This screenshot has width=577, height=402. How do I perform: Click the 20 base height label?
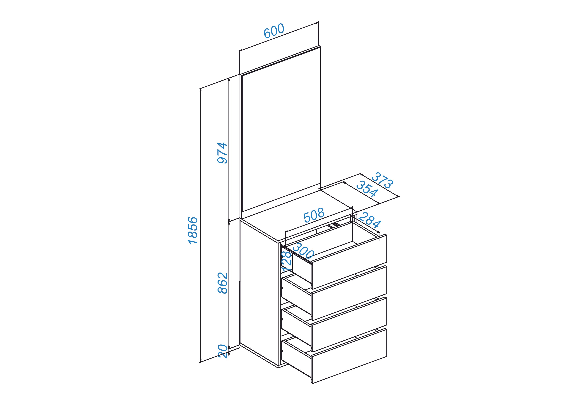point(223,352)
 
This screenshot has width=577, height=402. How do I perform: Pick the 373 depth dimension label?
point(382,180)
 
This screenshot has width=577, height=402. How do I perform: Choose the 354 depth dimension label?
point(367,189)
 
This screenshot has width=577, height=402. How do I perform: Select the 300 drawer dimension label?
point(303,251)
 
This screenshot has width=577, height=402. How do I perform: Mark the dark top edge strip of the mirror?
point(280,60)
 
